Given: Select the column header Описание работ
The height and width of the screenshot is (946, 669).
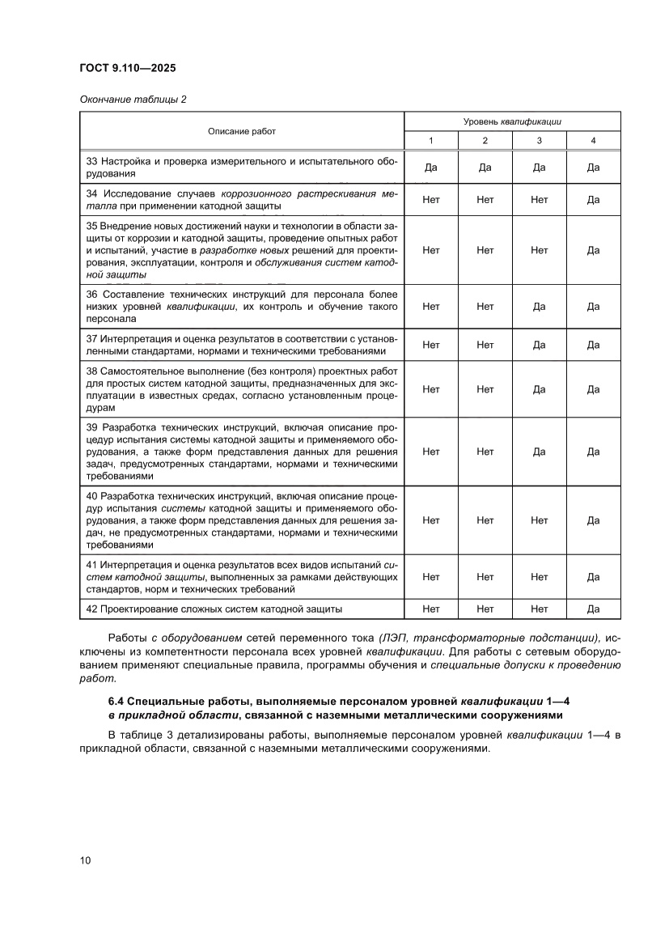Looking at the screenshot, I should [x=242, y=130].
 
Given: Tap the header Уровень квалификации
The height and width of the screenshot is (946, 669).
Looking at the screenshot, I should [x=512, y=121].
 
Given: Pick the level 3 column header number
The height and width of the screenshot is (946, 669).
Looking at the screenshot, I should [x=540, y=141].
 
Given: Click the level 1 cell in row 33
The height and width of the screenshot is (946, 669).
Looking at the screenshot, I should [x=431, y=168].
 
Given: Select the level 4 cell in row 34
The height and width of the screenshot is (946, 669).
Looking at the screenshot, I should [x=593, y=199].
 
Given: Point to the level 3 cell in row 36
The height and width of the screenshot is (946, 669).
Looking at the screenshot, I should [x=540, y=307].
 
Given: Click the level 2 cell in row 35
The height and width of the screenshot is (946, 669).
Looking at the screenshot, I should [x=485, y=250].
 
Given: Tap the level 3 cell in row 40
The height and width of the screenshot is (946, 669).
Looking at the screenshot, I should [x=540, y=520].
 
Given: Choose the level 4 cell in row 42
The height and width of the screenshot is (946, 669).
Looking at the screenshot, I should [x=593, y=608].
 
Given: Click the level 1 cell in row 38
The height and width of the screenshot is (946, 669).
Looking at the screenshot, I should [x=431, y=389].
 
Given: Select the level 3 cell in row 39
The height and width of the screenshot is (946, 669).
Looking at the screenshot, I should [x=540, y=452].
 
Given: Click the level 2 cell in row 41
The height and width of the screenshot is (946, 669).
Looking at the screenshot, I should [x=485, y=577].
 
